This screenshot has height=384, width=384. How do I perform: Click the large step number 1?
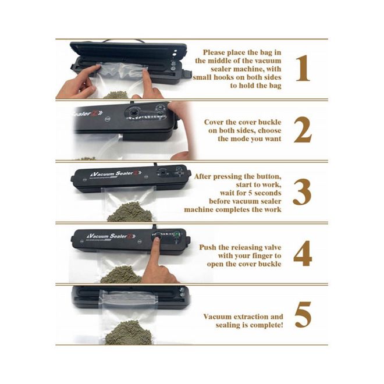pyautogui.click(x=303, y=68)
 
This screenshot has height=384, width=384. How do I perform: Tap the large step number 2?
pyautogui.click(x=303, y=130)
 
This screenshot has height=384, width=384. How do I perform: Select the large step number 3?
pyautogui.click(x=302, y=192)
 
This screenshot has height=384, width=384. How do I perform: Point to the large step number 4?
pyautogui.click(x=303, y=254)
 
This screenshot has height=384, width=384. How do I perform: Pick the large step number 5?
pyautogui.click(x=303, y=315)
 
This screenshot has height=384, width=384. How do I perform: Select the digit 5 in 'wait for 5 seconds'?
pyautogui.click(x=250, y=193)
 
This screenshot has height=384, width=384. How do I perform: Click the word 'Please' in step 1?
pyautogui.click(x=214, y=52)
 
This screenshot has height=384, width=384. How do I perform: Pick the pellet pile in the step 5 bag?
pyautogui.click(x=129, y=333)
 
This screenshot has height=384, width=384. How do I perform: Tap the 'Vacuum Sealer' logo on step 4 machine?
pyautogui.click(x=110, y=236)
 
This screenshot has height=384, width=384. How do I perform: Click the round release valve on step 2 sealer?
pyautogui.click(x=133, y=112)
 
